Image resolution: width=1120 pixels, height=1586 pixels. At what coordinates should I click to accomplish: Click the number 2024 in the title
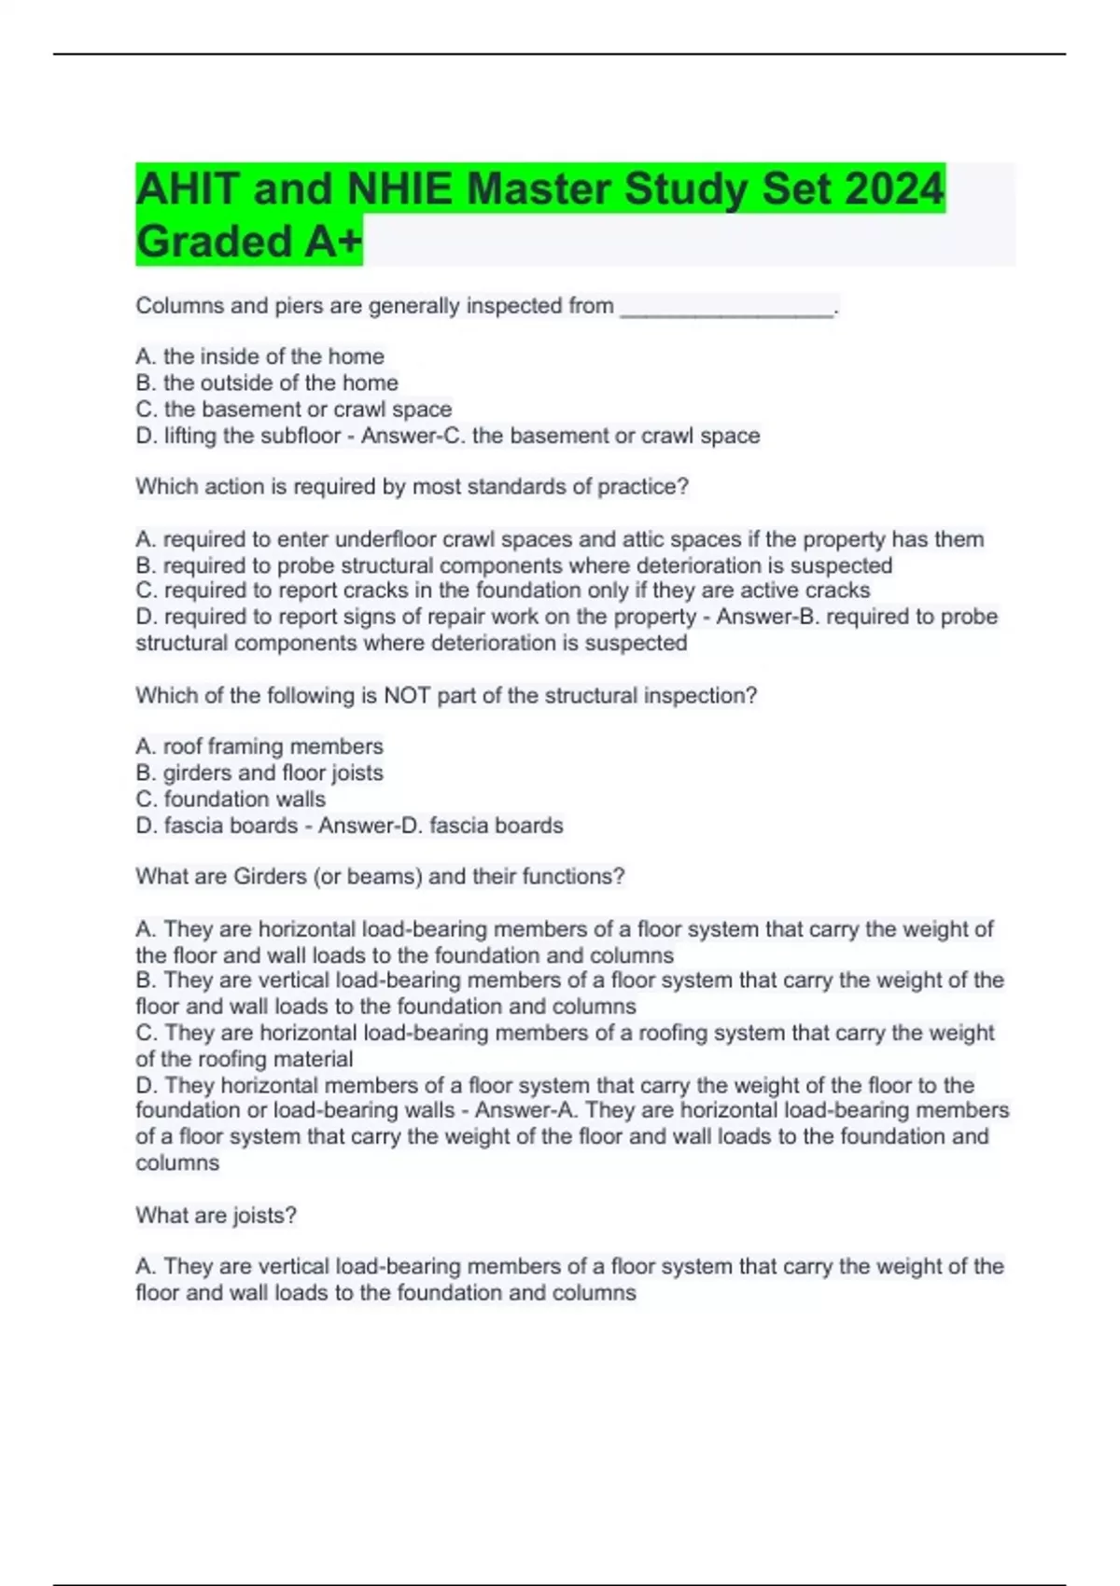click(x=894, y=188)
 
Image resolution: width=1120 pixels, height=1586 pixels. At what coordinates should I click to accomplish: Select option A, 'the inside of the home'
click(x=259, y=356)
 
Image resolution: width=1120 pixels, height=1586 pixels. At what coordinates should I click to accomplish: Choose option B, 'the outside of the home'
click(x=267, y=383)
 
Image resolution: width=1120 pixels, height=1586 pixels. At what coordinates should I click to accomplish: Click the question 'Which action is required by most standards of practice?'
click(x=412, y=487)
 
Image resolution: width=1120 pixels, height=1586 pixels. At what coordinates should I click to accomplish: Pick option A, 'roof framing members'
click(x=259, y=746)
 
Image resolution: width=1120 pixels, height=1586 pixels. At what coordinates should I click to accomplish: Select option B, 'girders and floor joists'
click(x=259, y=772)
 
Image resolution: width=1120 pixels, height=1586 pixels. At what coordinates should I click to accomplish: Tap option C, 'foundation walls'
click(x=231, y=799)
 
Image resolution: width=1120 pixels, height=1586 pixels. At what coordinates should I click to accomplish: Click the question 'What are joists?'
click(x=216, y=1216)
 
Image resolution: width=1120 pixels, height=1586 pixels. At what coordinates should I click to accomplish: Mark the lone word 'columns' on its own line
click(x=177, y=1163)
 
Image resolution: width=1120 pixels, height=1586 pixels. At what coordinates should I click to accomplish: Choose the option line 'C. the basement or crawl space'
click(x=294, y=409)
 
